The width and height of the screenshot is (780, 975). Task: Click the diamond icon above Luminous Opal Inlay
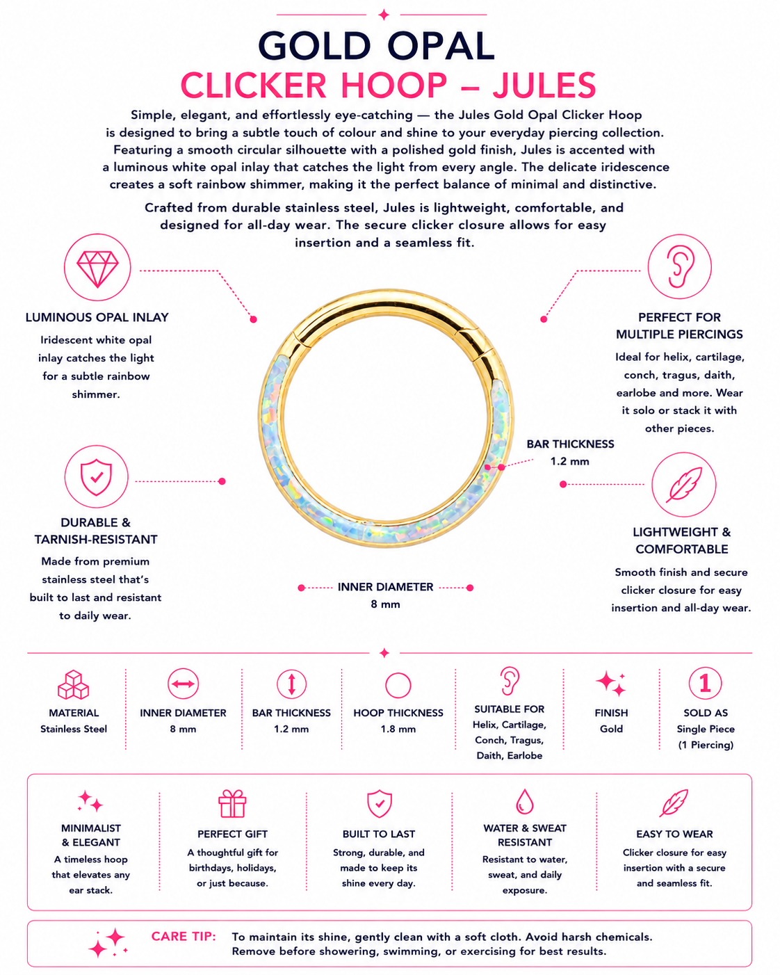click(97, 268)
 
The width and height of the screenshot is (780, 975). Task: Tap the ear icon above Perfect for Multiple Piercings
click(680, 267)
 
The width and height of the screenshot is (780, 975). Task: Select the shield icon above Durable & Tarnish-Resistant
click(96, 477)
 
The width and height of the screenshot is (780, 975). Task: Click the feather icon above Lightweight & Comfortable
click(684, 485)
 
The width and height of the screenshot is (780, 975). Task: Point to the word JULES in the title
click(544, 85)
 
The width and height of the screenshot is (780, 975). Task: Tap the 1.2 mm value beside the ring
click(570, 462)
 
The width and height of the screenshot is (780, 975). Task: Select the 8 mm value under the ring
click(385, 604)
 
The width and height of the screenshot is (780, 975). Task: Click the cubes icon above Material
click(74, 684)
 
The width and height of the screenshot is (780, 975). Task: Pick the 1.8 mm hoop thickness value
click(398, 729)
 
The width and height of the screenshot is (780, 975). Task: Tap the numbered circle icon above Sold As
click(705, 683)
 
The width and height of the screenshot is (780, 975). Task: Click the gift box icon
click(232, 804)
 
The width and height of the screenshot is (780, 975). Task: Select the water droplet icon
click(525, 801)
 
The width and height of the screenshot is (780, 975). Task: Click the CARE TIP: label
click(184, 937)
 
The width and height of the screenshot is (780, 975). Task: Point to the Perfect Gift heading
click(232, 834)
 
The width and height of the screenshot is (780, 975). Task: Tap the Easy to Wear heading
click(674, 834)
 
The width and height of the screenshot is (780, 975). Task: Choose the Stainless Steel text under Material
click(74, 729)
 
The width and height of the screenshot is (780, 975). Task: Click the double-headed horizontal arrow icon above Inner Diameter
click(183, 684)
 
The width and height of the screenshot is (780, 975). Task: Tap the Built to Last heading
click(379, 834)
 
